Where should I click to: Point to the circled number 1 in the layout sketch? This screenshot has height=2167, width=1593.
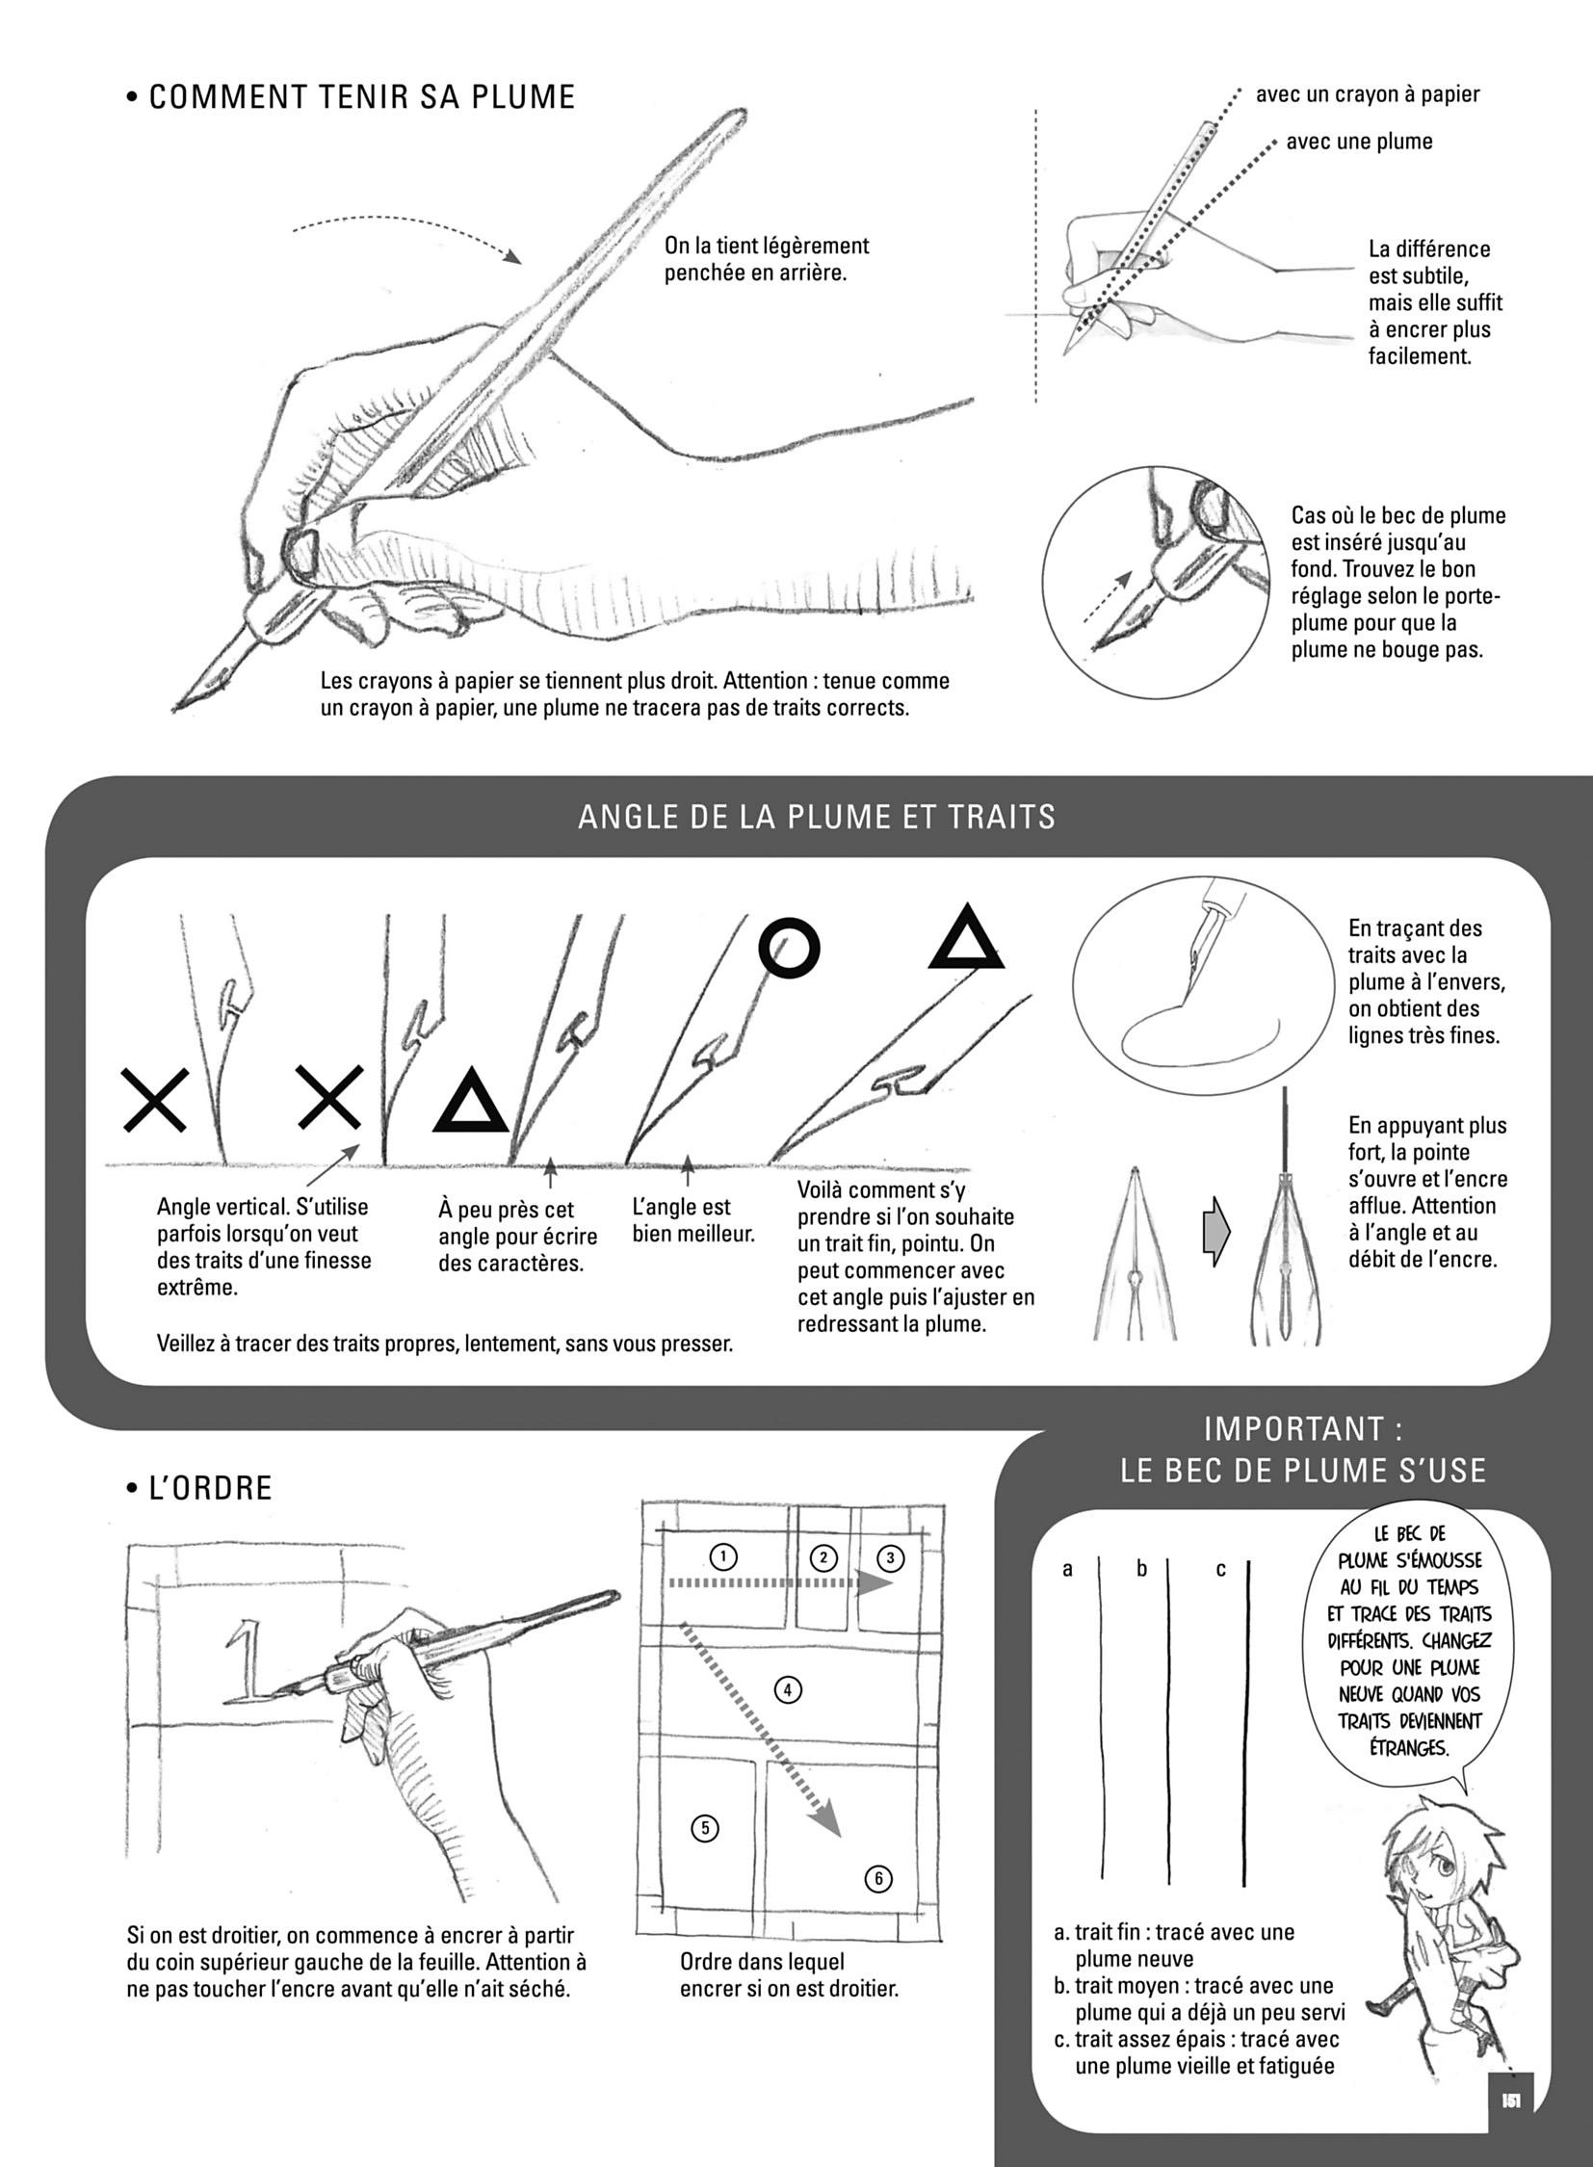722,1555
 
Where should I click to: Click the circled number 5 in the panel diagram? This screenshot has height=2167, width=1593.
705,1828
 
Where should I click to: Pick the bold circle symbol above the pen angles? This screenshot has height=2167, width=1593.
789,949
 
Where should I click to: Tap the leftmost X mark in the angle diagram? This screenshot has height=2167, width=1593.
154,1099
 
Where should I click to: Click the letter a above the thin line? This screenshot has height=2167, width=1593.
1067,1569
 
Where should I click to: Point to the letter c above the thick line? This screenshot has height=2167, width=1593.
1221,1569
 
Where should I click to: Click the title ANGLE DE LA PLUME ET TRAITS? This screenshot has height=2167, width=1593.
817,817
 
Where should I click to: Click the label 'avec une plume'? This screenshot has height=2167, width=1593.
1360,142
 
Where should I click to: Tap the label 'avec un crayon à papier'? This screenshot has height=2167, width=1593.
1368,94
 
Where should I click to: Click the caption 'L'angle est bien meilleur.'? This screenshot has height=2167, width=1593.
693,1220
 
